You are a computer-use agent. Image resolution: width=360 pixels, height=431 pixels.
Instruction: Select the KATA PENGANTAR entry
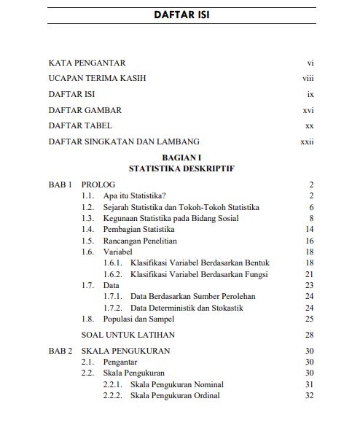87,63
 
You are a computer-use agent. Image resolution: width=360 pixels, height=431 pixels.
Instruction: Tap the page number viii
308,79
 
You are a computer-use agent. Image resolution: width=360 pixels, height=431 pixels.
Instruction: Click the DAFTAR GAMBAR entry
85,110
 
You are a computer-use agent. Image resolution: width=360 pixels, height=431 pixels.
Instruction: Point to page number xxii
307,141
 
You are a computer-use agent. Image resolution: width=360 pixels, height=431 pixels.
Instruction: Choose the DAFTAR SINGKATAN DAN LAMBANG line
124,141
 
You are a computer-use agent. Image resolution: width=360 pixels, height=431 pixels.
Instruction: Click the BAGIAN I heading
181,158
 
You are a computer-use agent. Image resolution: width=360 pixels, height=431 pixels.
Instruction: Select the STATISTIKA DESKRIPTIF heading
181,168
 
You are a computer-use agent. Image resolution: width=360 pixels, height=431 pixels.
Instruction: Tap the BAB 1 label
60,185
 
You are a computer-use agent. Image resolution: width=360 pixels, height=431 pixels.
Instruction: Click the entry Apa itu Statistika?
135,196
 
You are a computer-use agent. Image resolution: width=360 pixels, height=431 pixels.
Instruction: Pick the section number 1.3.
87,218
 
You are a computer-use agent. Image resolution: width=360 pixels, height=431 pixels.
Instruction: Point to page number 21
309,274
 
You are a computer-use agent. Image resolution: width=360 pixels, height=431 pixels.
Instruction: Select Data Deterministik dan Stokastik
187,308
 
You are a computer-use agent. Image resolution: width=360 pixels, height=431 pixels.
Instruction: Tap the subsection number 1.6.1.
113,263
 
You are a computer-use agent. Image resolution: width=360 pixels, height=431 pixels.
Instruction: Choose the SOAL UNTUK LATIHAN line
128,335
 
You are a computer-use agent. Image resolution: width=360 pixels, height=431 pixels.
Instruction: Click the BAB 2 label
60,351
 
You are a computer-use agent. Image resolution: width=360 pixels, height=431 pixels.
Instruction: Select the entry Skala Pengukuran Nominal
177,384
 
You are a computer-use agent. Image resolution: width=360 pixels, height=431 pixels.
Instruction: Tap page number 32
309,395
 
